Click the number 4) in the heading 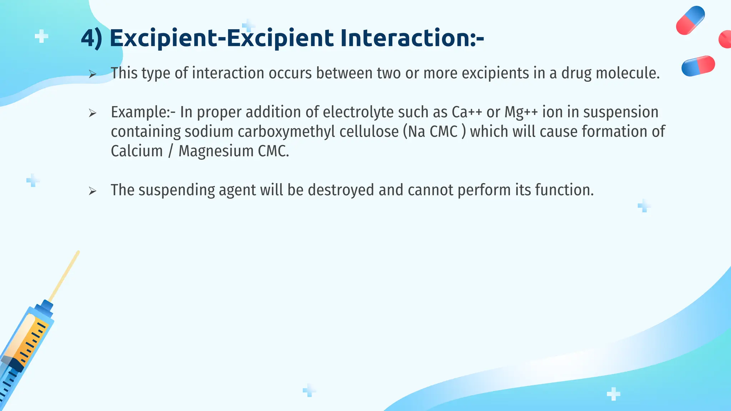[x=91, y=39]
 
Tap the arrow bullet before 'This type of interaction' [x=92, y=74]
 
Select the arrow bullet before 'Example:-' [x=92, y=113]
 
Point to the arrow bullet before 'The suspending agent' [x=92, y=191]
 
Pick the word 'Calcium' [x=137, y=151]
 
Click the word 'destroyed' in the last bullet [x=341, y=190]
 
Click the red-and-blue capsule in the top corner [x=690, y=20]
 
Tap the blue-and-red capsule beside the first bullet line [x=698, y=66]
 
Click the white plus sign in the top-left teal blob [x=41, y=36]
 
